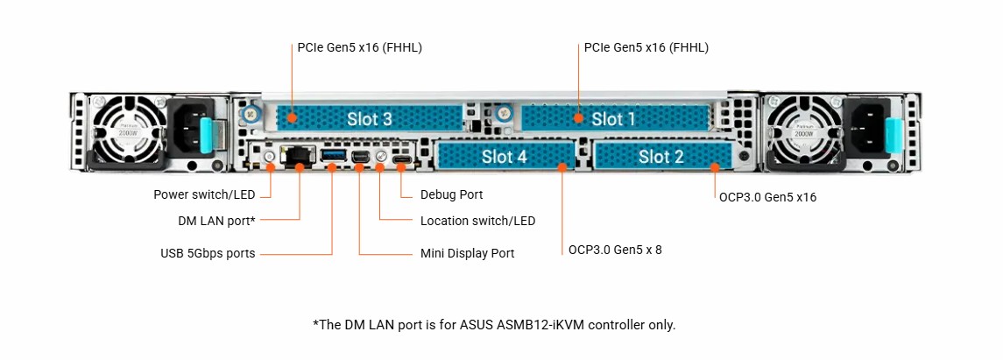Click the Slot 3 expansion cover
point(369,118)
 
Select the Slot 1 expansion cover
point(613,118)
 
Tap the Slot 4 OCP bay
point(504,157)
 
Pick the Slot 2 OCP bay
point(660,157)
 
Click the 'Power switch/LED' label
point(204,194)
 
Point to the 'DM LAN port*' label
point(216,221)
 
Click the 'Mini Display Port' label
point(467,254)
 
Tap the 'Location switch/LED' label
point(477,221)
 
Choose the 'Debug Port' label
point(451,194)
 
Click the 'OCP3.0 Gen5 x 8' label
point(615,250)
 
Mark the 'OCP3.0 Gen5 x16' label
point(767,197)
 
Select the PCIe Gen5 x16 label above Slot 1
point(646,47)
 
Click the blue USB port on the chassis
point(333,156)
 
